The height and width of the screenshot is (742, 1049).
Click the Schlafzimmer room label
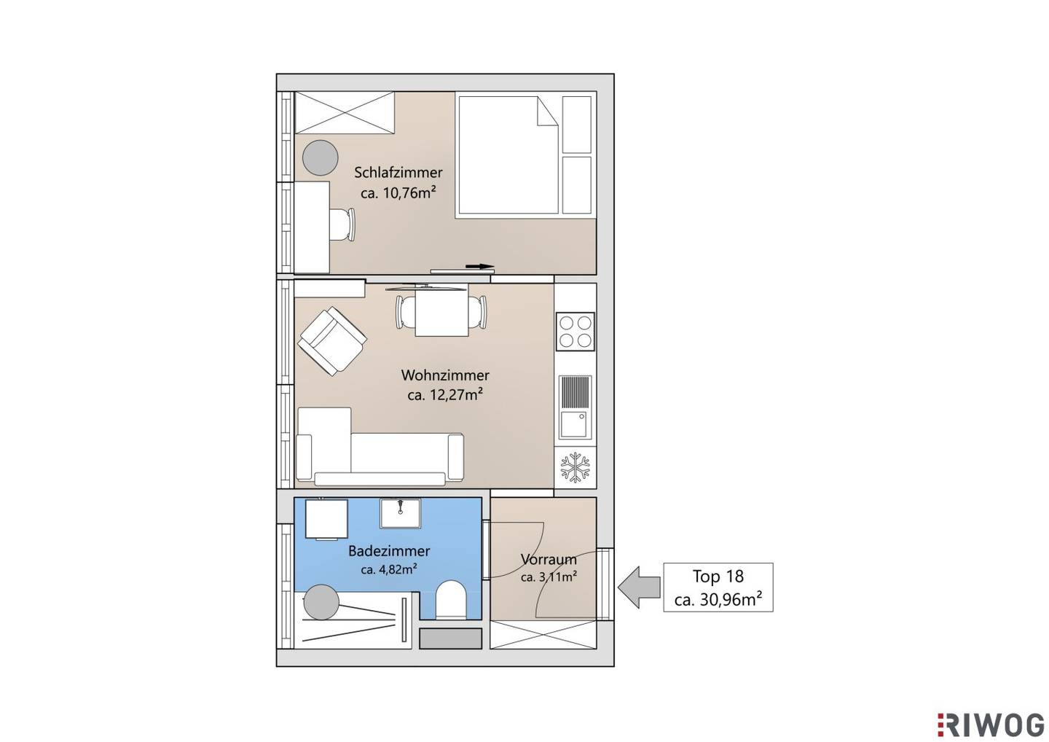click(398, 173)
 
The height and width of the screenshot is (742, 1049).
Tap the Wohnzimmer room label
click(445, 375)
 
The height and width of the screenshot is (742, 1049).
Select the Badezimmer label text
click(389, 551)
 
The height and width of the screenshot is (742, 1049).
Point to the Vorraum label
click(549, 559)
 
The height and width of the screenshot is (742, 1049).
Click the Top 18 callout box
click(718, 587)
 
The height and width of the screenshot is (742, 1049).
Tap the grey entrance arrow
click(639, 587)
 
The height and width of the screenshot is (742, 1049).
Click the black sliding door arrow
click(480, 267)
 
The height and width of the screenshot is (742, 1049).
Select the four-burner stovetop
click(575, 332)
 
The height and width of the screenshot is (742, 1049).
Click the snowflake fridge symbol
click(575, 467)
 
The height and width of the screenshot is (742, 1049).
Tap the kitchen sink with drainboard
click(575, 407)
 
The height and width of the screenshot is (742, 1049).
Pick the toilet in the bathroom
click(450, 600)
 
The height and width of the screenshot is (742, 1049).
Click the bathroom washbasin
click(401, 514)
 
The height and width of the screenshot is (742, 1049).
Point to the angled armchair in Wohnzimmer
click(332, 341)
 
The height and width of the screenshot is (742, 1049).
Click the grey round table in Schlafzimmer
click(321, 158)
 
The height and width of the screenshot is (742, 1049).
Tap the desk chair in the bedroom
click(342, 224)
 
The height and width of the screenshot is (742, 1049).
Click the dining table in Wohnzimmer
click(441, 313)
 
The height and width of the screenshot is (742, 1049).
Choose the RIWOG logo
click(993, 725)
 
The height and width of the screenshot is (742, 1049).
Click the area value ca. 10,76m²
click(398, 192)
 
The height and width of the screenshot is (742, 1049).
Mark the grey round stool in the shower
click(321, 602)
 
